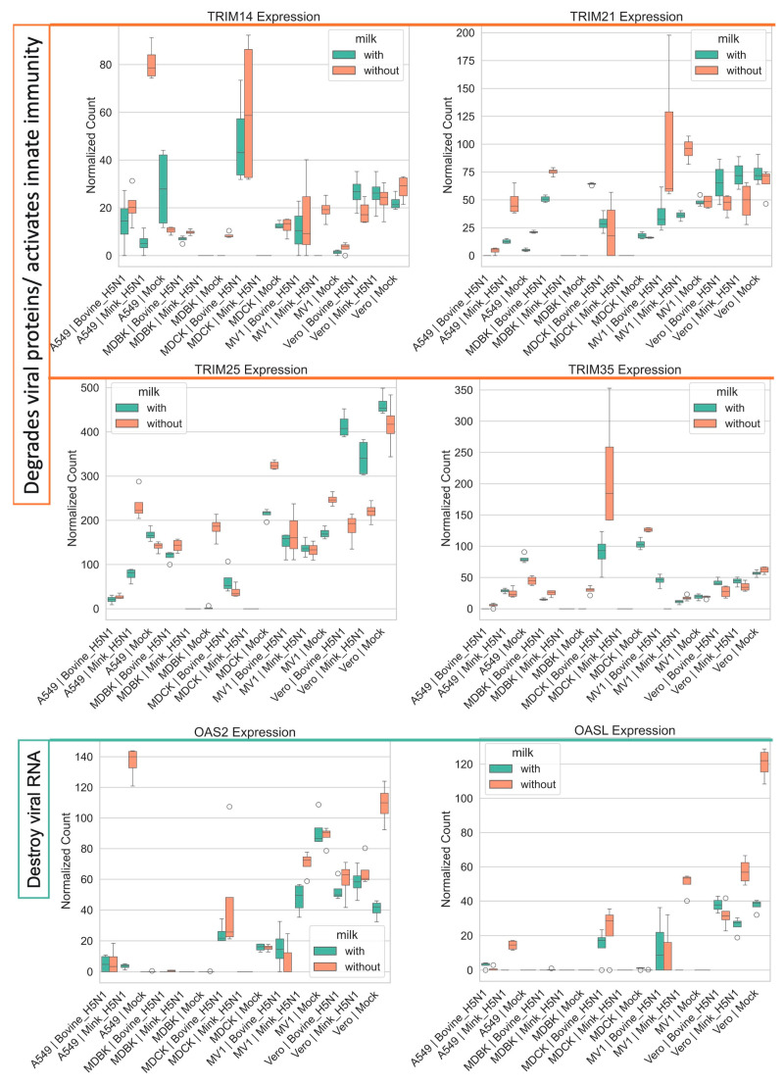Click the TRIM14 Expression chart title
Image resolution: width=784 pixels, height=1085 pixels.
(264, 16)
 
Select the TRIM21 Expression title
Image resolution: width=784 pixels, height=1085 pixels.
(626, 16)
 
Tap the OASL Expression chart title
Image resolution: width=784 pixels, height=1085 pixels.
(625, 730)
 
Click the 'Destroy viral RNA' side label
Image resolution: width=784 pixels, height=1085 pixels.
(34, 819)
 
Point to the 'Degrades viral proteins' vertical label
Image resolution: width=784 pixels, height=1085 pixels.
(32, 265)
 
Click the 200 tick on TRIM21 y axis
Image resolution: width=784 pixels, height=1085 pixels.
(465, 32)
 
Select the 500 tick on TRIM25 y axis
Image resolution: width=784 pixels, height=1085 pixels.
(90, 387)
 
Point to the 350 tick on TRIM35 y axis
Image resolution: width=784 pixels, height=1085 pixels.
(464, 390)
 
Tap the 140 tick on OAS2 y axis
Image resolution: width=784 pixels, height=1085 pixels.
(83, 757)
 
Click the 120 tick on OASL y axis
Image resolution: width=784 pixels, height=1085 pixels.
(464, 764)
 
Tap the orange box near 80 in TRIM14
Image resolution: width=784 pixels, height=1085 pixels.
(152, 65)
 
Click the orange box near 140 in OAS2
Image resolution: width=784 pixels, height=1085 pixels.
(132, 759)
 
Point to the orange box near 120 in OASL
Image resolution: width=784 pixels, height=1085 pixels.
(764, 762)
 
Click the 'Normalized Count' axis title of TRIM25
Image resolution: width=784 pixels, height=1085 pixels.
(73, 498)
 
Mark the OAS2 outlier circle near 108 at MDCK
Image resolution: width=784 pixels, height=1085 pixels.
(229, 807)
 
